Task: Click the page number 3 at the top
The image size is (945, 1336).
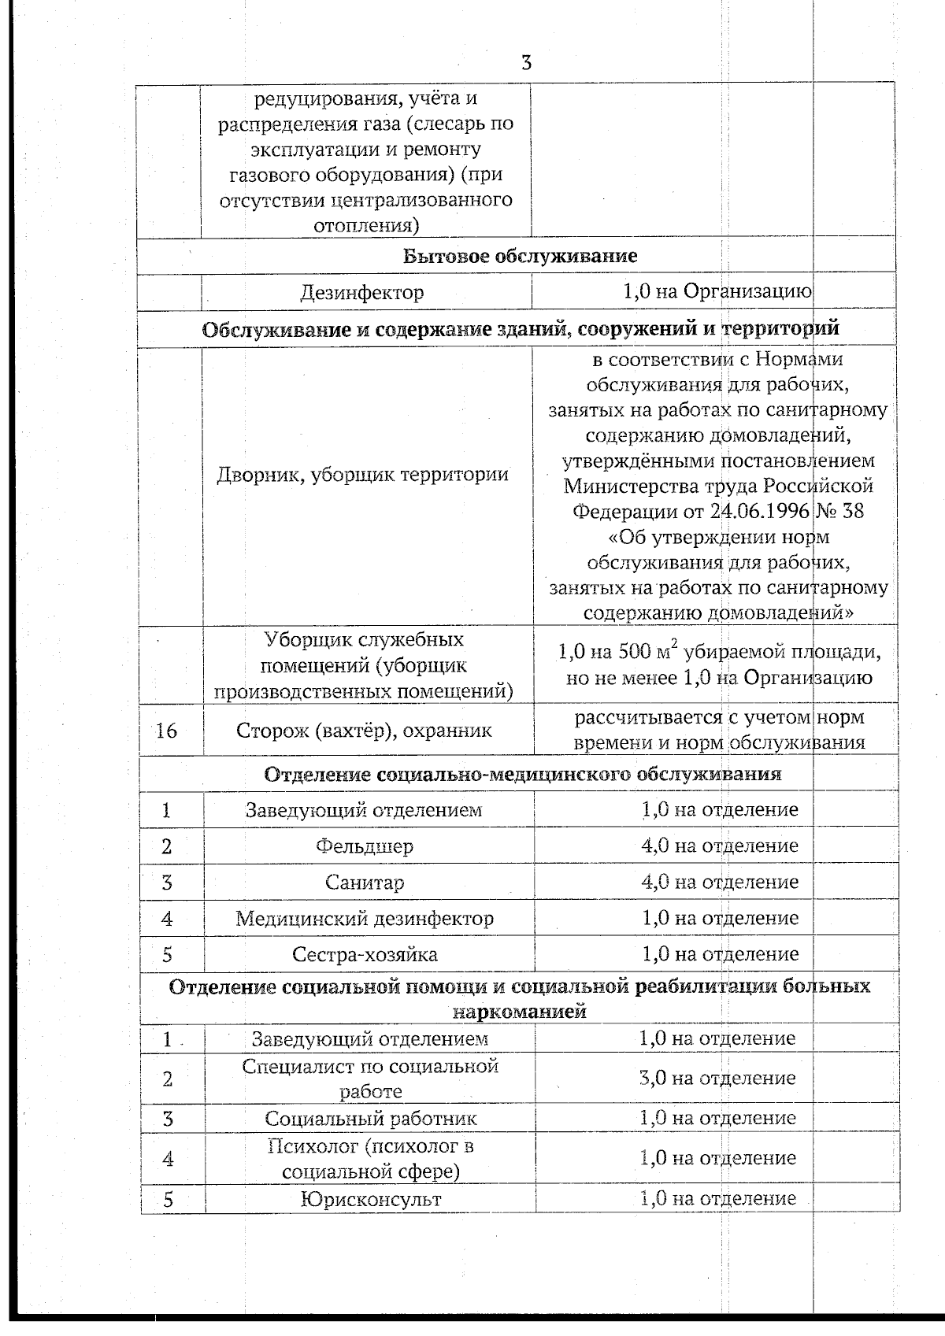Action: [526, 63]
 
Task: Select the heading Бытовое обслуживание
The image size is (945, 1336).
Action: [520, 256]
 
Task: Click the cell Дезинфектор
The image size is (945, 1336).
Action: [361, 293]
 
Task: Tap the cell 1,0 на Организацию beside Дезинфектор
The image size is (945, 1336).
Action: [717, 291]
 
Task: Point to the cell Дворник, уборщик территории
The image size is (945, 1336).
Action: [362, 475]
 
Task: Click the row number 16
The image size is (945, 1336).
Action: [167, 731]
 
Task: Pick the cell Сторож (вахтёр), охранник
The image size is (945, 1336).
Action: [365, 731]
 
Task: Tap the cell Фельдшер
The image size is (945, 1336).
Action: [365, 846]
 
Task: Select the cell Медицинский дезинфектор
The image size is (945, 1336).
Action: [365, 919]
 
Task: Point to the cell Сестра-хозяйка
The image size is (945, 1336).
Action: [365, 955]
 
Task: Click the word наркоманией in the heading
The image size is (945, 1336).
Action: [520, 1012]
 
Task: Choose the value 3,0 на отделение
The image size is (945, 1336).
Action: [717, 1078]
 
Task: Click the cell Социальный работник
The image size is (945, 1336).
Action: [370, 1119]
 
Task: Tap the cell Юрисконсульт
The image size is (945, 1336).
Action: [370, 1200]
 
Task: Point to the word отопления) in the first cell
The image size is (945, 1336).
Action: [365, 225]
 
